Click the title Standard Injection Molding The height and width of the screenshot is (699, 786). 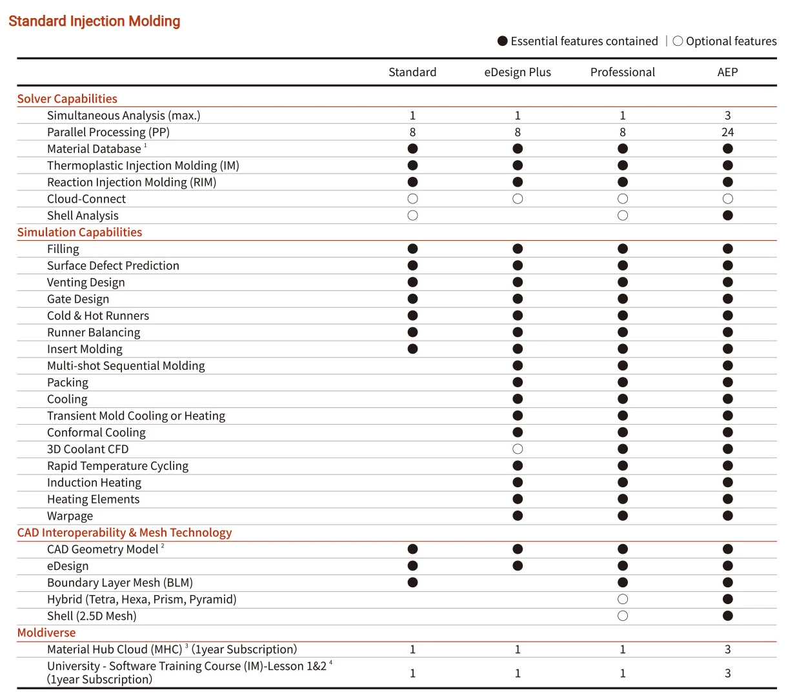coord(94,21)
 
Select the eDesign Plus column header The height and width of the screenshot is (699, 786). coord(518,72)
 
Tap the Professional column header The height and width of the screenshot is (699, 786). coord(622,72)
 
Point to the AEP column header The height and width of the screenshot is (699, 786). coord(727,72)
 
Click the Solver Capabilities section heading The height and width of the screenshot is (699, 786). coord(67,99)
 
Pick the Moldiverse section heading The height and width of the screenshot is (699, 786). coord(46,633)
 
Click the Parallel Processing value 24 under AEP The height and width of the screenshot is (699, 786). coord(727,132)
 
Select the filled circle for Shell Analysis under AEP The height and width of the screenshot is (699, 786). coord(728,216)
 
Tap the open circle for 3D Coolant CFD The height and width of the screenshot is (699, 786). coord(518,449)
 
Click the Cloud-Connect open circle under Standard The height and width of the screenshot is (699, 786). coord(413,199)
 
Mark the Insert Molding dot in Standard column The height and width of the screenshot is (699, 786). coord(413,349)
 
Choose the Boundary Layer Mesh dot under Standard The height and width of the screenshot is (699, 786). coord(413,583)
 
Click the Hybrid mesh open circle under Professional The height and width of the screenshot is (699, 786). coord(623,600)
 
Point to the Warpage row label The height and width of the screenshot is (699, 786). coord(70,516)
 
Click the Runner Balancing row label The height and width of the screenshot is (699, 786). coord(94,332)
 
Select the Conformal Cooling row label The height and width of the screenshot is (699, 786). coord(96,432)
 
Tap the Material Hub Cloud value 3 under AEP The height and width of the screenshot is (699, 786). coord(727,649)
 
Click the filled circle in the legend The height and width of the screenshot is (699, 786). coord(503,41)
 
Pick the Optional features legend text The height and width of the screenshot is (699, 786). coord(731,41)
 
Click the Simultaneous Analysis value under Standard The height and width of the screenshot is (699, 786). coord(413,116)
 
